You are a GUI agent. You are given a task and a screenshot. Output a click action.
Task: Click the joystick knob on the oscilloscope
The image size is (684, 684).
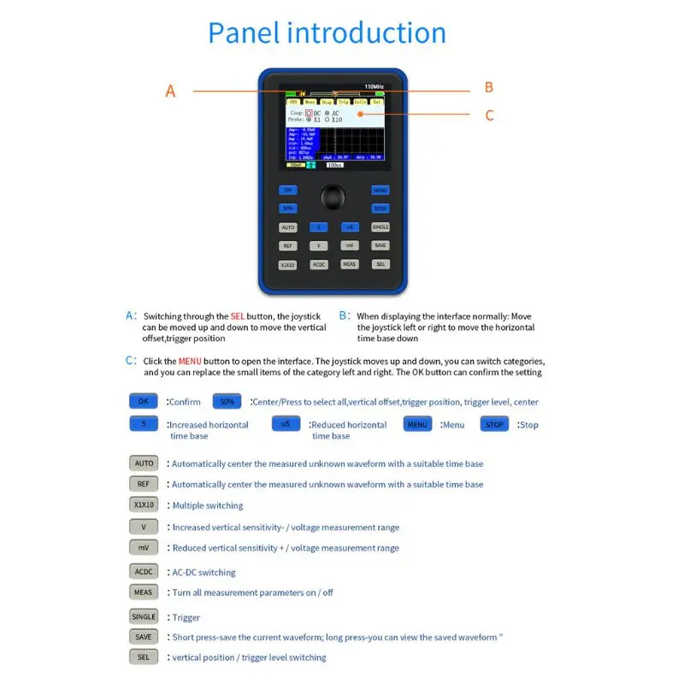tap(333, 198)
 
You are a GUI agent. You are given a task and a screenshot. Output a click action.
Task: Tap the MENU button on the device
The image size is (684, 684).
tap(380, 190)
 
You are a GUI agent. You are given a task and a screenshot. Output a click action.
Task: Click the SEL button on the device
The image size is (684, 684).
tap(380, 264)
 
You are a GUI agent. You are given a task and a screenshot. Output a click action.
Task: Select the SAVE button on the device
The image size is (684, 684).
tap(380, 245)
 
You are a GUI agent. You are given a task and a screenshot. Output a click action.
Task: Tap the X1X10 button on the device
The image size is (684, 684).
tap(287, 265)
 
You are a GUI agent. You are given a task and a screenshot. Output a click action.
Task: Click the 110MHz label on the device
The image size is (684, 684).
tap(374, 87)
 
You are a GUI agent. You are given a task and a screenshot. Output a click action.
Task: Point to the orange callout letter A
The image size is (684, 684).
tap(170, 91)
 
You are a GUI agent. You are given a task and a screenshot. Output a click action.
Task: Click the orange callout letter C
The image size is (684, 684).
tap(489, 115)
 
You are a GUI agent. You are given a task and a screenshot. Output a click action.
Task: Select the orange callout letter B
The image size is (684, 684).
tap(489, 87)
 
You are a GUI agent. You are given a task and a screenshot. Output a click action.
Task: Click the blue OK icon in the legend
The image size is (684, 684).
tap(144, 401)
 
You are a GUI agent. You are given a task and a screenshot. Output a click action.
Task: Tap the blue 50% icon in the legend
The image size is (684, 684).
tap(227, 401)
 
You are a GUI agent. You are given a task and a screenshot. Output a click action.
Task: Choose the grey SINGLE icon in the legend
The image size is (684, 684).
tap(144, 616)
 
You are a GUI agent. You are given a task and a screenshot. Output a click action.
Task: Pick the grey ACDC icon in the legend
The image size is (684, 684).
tap(144, 571)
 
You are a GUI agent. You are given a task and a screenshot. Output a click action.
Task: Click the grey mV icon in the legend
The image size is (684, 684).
tap(144, 547)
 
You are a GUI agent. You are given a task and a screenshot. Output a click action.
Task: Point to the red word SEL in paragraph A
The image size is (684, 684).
tap(238, 316)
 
